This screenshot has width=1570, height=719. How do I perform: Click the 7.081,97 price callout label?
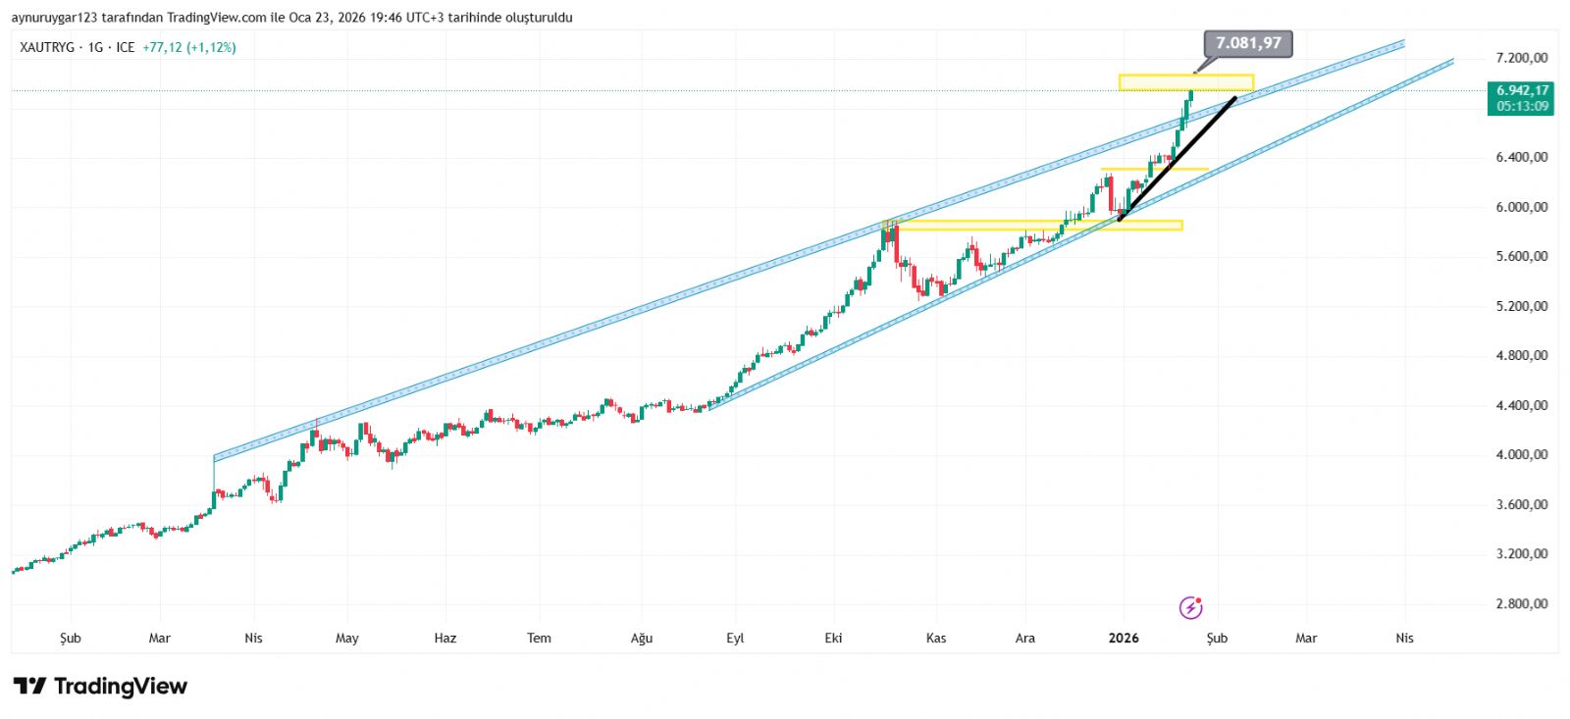[1248, 43]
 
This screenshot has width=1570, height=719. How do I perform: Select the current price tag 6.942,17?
[1522, 90]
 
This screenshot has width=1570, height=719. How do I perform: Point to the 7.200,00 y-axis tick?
[1522, 58]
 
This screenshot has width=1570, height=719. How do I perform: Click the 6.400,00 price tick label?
[1522, 157]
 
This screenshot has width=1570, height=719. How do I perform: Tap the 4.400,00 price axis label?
[1522, 405]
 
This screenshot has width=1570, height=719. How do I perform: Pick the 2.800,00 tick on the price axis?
[1522, 603]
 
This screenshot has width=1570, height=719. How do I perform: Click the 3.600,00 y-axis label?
[1522, 504]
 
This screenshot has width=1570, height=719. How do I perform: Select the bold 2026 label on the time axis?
[1124, 638]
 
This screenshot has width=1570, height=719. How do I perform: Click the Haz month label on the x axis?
[445, 638]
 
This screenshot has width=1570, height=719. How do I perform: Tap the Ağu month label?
[641, 638]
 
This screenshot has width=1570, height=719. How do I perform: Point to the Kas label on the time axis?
[936, 638]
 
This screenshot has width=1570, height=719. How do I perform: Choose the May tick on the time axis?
[347, 638]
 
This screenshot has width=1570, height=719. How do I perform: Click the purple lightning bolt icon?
[1190, 608]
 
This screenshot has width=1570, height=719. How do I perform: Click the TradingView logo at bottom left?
[100, 686]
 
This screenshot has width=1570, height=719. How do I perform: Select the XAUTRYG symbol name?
[47, 47]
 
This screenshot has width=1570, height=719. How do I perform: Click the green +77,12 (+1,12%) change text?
[189, 47]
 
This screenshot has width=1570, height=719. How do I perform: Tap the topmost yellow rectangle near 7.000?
[1185, 82]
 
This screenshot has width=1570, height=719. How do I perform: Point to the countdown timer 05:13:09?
[1522, 106]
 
